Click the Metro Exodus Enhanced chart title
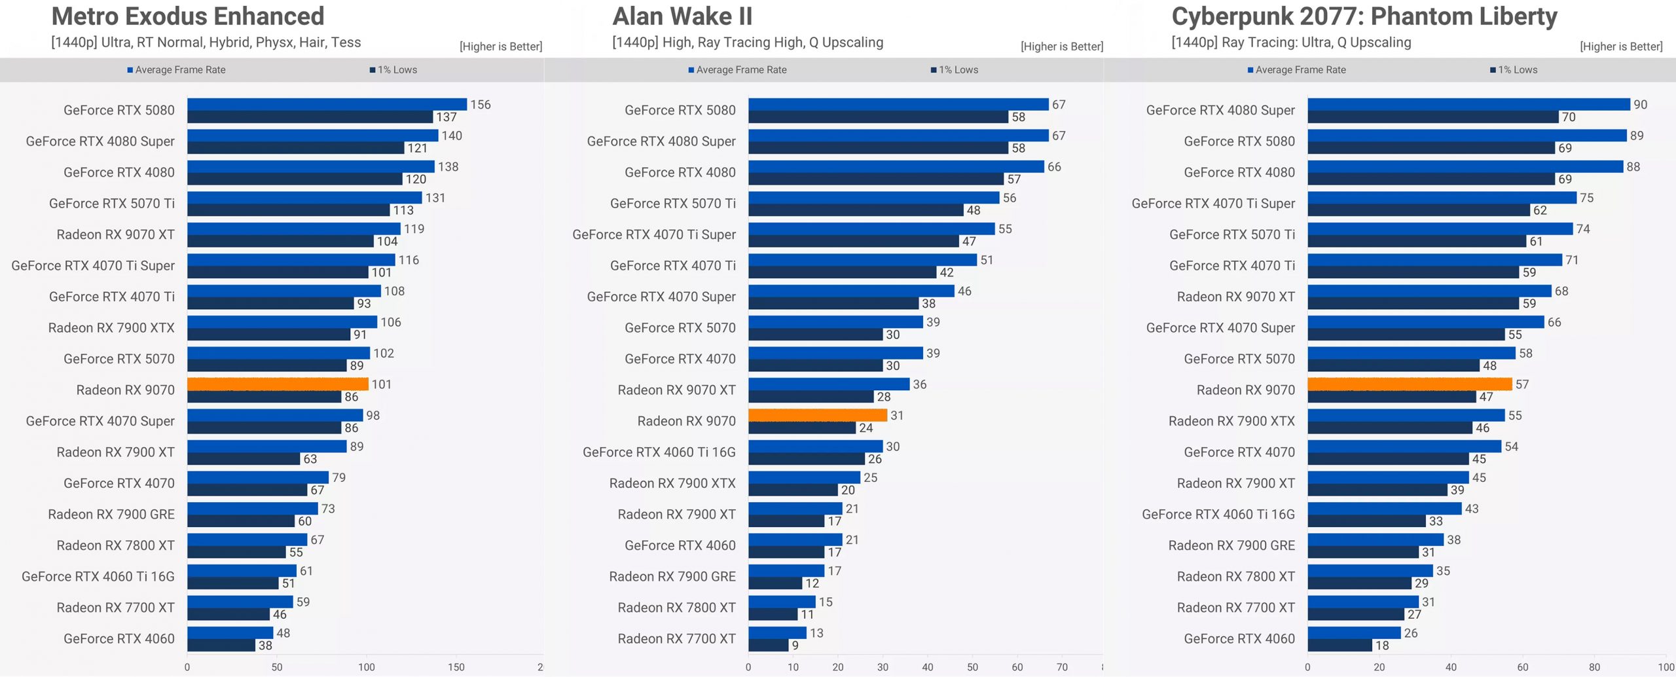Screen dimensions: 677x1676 point(188,16)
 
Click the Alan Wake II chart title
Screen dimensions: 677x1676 point(682,16)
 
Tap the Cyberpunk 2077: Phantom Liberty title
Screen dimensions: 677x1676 point(1364,16)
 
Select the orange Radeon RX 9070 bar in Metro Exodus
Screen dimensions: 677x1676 point(278,384)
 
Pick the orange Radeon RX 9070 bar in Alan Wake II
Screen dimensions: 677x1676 point(817,415)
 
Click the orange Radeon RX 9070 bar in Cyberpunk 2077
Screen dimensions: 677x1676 point(1410,384)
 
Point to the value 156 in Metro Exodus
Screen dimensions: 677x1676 point(481,105)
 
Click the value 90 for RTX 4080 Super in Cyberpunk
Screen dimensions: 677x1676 point(1640,105)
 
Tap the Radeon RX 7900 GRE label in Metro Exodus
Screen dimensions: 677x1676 point(111,515)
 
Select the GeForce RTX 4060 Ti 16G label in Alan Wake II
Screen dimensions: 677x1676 point(659,452)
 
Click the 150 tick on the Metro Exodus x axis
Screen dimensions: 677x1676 point(456,667)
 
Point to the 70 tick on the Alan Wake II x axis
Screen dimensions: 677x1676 point(1062,667)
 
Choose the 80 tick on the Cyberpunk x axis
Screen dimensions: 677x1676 point(1594,667)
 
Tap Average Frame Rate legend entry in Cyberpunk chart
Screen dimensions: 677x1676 point(1297,70)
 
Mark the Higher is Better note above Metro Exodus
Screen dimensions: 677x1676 point(501,46)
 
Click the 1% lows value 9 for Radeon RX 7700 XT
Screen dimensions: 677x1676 point(795,646)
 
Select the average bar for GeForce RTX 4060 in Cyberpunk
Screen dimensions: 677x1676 point(1354,633)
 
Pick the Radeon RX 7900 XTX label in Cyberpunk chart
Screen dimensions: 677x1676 point(1231,421)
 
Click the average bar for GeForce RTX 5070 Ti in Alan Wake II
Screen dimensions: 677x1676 point(874,198)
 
